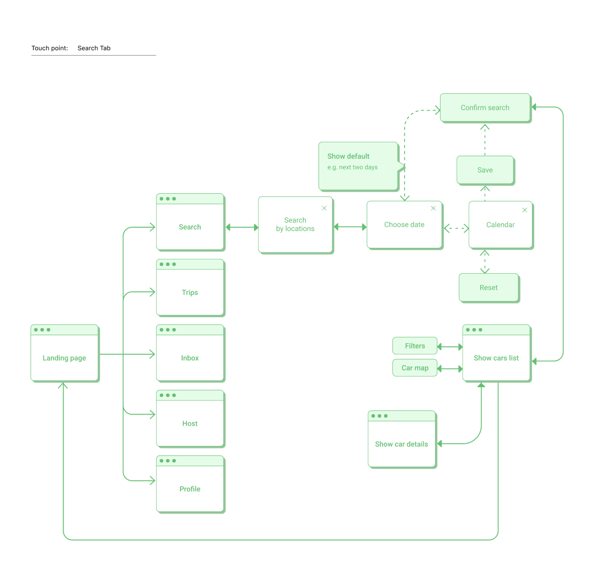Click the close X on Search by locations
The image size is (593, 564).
(325, 208)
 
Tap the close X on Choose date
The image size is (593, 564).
(433, 208)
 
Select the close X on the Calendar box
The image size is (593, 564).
(525, 210)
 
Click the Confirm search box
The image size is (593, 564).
(485, 108)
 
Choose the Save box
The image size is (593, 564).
(485, 170)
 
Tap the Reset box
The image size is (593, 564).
(489, 288)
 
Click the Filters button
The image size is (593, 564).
(415, 346)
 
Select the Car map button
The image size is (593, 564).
(415, 368)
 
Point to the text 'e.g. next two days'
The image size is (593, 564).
(353, 167)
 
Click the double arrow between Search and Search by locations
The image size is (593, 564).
(242, 228)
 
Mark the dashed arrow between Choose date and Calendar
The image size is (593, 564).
(456, 229)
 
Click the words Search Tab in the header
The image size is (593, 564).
(94, 48)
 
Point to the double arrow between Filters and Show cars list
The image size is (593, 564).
(450, 347)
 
